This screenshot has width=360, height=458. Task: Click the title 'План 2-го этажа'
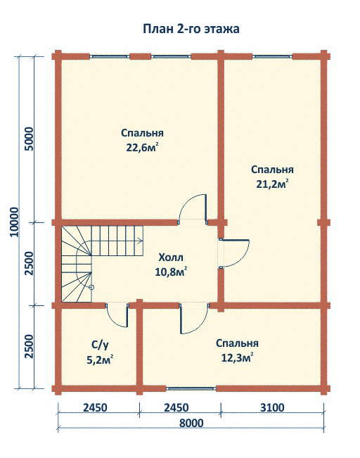(x=191, y=29)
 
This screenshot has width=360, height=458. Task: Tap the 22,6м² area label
(x=143, y=148)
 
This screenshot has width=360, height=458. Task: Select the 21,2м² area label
(x=272, y=184)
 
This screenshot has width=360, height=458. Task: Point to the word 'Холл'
(x=171, y=257)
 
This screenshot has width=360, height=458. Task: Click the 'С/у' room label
(x=100, y=345)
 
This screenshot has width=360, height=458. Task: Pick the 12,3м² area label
(x=237, y=358)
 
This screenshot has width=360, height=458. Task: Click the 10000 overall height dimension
(x=14, y=222)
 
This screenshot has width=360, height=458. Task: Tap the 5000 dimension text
(x=29, y=139)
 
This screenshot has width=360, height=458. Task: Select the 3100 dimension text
(x=272, y=407)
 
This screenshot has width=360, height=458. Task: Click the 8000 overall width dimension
(x=191, y=423)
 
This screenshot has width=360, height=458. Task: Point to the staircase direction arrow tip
(x=143, y=241)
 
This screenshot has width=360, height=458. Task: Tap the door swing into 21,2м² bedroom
(x=244, y=260)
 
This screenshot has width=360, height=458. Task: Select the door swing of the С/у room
(x=112, y=321)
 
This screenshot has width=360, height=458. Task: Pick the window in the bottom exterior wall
(x=191, y=389)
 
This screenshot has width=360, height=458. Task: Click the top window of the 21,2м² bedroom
(x=272, y=56)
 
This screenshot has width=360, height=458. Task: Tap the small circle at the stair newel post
(x=91, y=288)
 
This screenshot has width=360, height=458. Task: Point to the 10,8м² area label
(x=171, y=272)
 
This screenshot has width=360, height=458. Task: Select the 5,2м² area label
(x=100, y=360)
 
